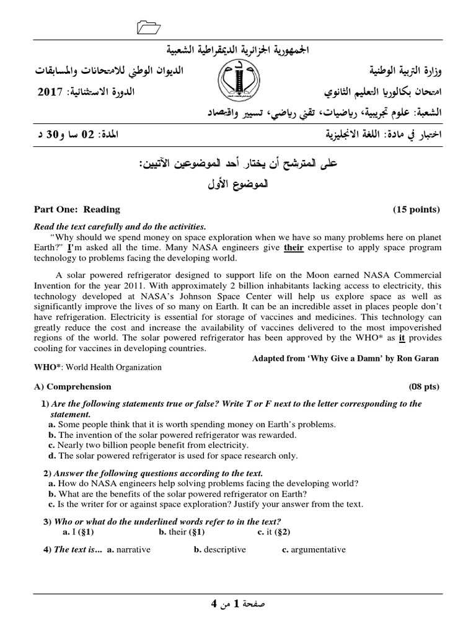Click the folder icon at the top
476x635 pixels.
pyautogui.click(x=148, y=25)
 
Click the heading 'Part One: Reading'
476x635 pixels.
pyautogui.click(x=77, y=210)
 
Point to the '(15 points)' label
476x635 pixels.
pyautogui.click(x=416, y=210)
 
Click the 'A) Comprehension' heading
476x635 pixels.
pyautogui.click(x=73, y=386)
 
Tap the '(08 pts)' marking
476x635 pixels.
pyautogui.click(x=424, y=386)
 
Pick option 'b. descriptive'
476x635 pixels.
pyautogui.click(x=220, y=549)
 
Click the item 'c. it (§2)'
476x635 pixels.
pyautogui.click(x=274, y=531)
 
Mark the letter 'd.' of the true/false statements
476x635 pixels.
pyautogui.click(x=52, y=456)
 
